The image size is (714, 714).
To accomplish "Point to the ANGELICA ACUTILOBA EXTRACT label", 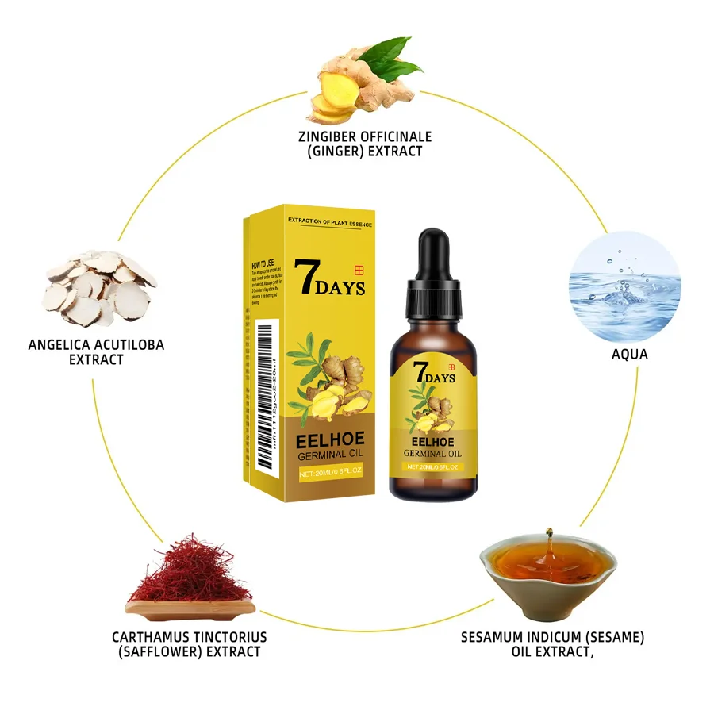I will point(96,351).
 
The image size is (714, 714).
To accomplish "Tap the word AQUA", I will point(629,354).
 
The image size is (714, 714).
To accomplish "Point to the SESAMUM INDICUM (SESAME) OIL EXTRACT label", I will point(553,644).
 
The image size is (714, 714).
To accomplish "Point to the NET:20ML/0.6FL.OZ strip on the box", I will point(331,473).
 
